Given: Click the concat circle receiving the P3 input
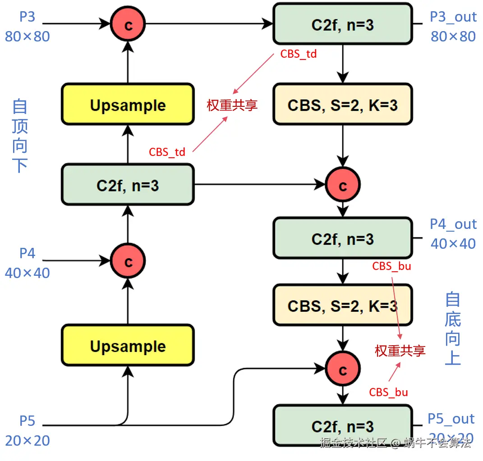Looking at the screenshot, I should [128, 24].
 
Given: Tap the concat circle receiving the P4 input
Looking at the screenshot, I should [128, 261].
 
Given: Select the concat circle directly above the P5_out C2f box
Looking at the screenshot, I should [343, 370].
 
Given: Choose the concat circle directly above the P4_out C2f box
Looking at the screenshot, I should [343, 185].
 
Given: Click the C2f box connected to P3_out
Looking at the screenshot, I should [343, 24].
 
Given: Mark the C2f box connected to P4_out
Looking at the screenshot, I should [343, 238].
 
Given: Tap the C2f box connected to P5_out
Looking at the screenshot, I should [343, 426].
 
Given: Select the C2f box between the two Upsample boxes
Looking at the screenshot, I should [128, 185].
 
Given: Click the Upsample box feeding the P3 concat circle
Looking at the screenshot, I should [128, 105].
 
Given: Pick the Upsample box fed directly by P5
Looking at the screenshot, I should [128, 346].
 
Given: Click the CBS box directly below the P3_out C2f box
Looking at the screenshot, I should [343, 105].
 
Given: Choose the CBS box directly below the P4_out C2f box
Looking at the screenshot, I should [343, 306].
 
